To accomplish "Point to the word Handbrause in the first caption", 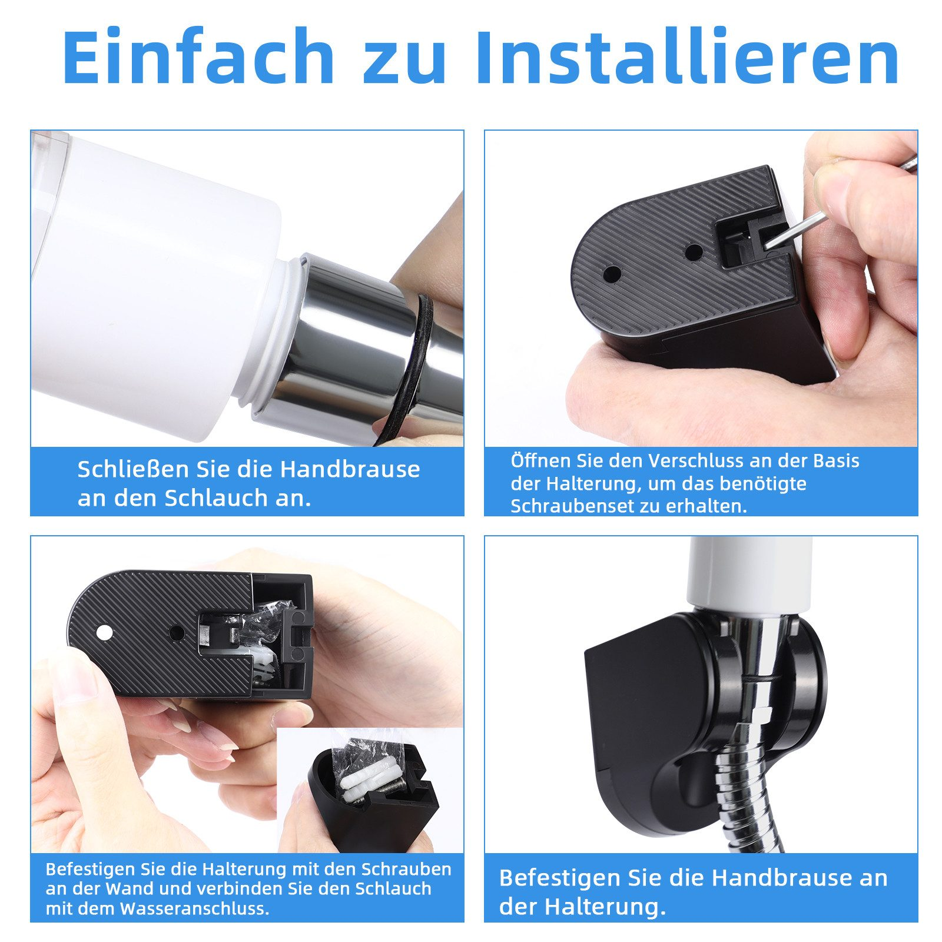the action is point(350,469).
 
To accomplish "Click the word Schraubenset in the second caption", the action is point(582,506).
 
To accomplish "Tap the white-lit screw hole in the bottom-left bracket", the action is point(104,633).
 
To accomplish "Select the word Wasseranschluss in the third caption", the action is point(194,908).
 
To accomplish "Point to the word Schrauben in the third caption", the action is point(406,869).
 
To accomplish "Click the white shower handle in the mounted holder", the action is point(749,573).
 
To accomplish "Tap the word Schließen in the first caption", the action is point(133,469).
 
